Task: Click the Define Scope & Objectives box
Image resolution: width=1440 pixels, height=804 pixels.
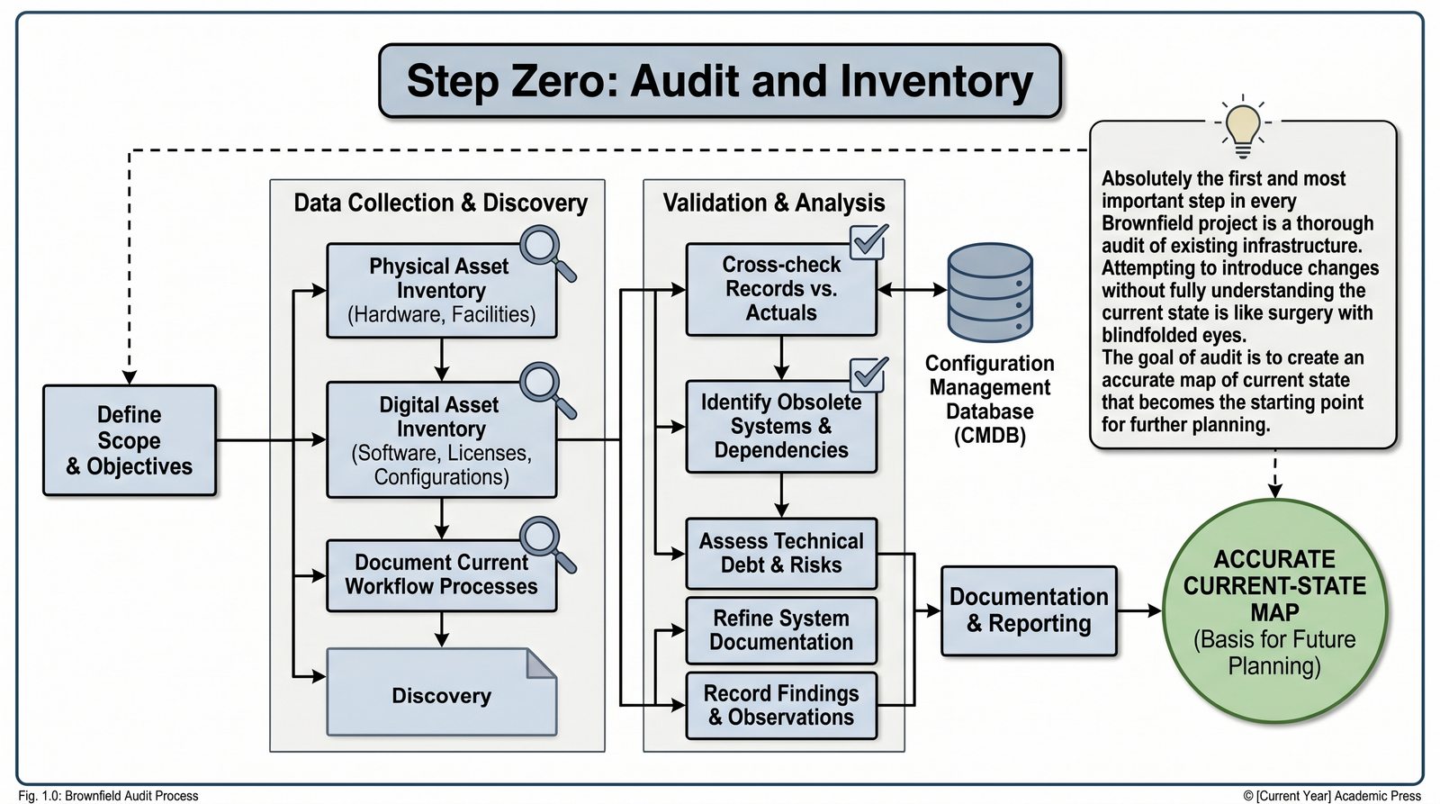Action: tap(130, 440)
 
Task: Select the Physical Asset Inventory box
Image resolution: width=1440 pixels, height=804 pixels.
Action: tap(440, 291)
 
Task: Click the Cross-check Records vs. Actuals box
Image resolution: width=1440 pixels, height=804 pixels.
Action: tap(780, 289)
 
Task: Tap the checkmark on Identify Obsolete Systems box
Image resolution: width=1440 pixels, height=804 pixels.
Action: tap(868, 374)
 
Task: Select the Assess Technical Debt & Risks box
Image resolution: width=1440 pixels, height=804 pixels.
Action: tap(780, 553)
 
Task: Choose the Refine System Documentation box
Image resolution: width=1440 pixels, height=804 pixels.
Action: tap(780, 630)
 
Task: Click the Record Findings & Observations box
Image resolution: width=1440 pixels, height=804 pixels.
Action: tap(780, 705)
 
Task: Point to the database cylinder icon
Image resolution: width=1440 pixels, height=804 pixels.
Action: tap(990, 292)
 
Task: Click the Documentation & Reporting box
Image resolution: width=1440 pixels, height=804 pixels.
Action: tap(1029, 610)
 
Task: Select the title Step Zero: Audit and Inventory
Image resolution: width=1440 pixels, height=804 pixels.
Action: tap(719, 81)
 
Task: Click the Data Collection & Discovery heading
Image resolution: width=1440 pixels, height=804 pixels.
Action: tap(440, 203)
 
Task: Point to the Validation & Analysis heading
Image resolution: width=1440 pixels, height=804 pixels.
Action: tap(774, 203)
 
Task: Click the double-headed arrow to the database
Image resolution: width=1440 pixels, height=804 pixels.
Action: tap(912, 290)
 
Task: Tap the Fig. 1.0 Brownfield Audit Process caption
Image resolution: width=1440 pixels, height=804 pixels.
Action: tap(108, 796)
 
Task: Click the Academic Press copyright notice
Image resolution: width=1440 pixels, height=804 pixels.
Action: tap(1332, 796)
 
